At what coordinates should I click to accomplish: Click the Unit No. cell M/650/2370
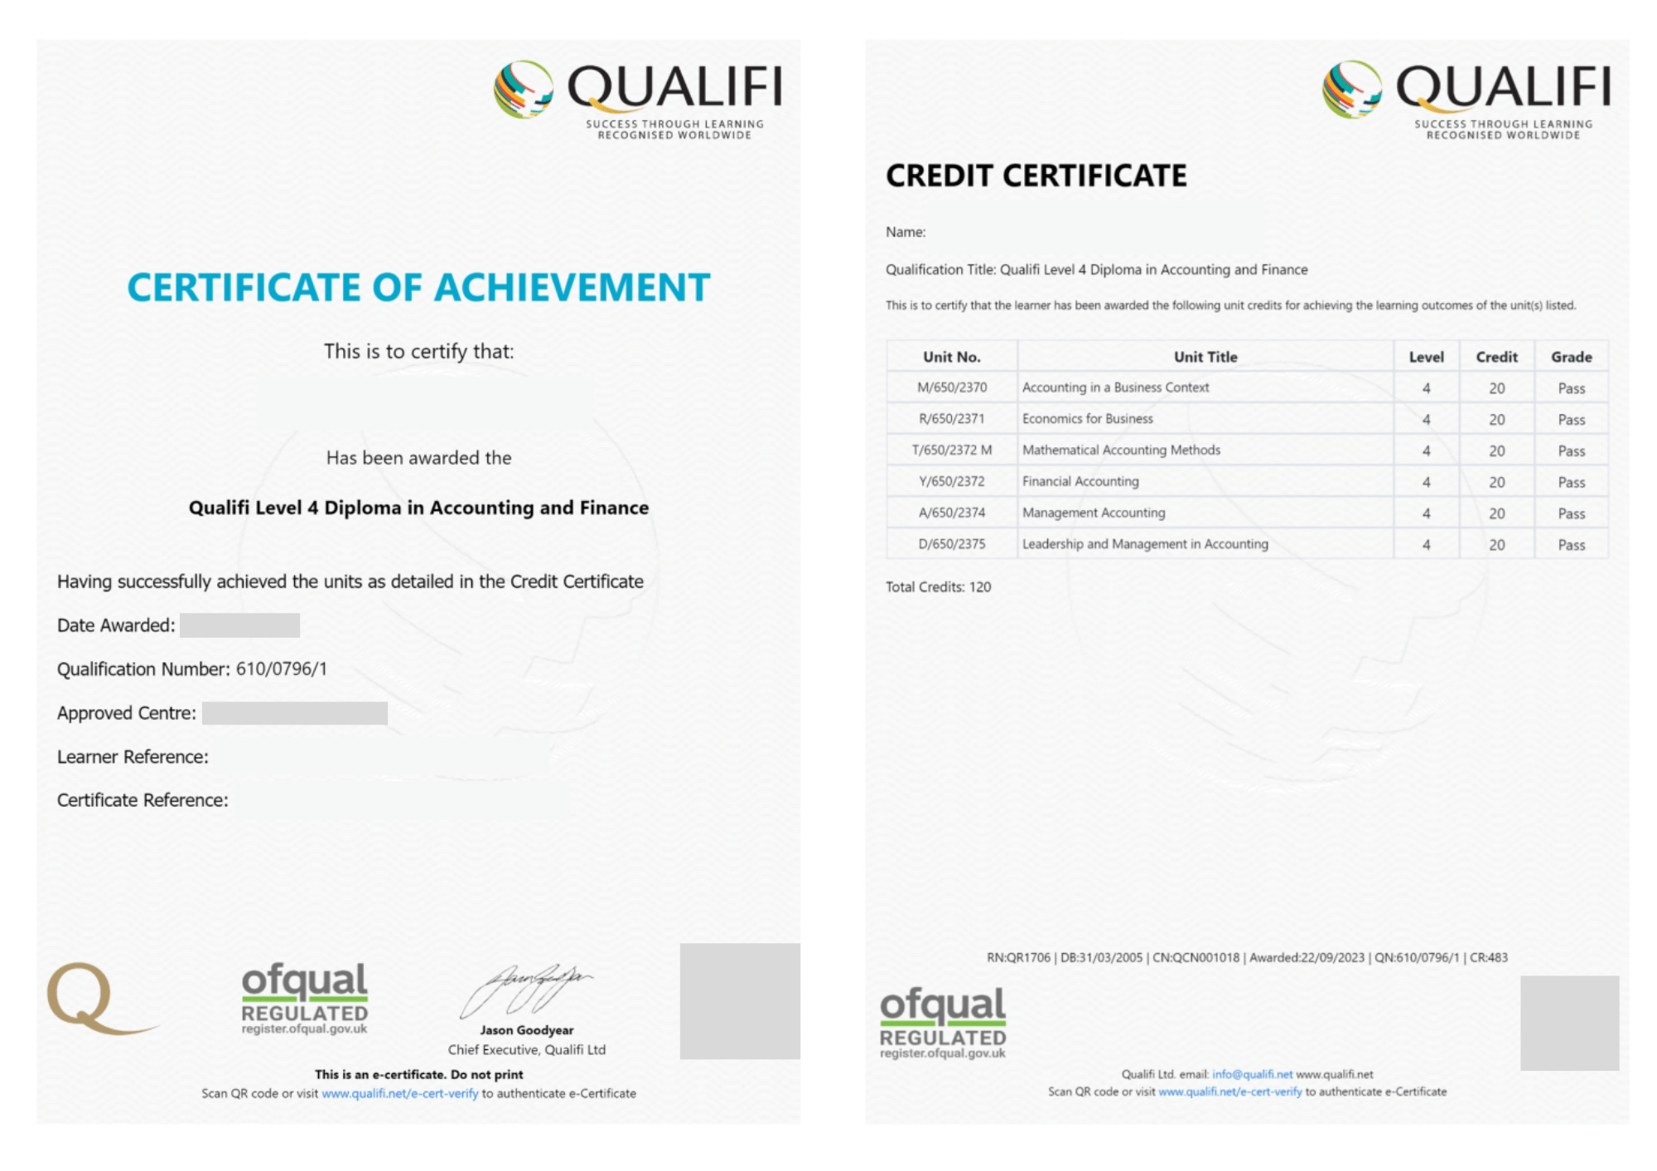951,388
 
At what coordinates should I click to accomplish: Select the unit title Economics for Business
1087,419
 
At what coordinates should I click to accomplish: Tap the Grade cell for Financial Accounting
1571,482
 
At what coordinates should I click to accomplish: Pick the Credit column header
1496,357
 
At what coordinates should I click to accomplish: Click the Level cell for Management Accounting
1426,513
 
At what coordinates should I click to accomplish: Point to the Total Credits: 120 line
938,587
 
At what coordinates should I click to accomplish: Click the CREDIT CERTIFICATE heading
1036,176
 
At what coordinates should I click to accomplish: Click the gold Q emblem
91,997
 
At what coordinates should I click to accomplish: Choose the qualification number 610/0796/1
282,669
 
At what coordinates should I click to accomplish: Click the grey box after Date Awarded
239,625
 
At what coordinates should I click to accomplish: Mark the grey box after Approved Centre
294,713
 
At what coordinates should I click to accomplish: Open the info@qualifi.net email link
1252,1074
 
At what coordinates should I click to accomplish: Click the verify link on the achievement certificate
399,1094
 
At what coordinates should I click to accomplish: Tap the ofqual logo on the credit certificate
943,1022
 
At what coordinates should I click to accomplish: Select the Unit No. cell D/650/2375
951,544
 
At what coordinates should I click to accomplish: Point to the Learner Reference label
133,757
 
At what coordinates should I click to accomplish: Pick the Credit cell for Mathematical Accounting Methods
1496,451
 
